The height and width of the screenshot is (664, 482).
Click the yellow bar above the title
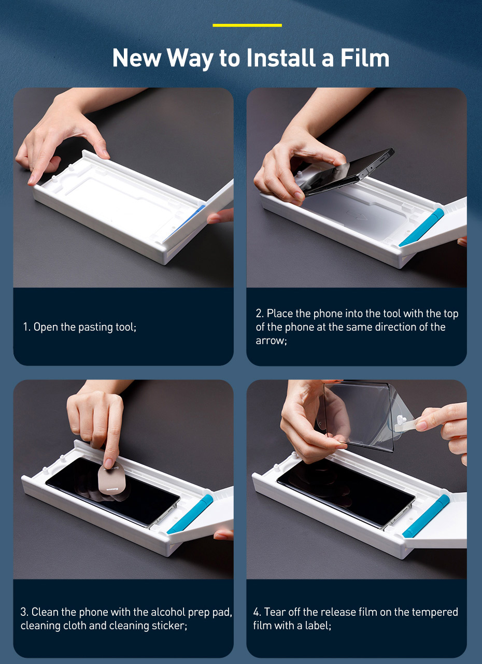pos(247,25)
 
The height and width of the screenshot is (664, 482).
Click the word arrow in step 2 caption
pos(271,341)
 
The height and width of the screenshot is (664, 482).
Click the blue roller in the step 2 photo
pos(421,228)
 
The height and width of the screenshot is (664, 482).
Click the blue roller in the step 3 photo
pos(190,514)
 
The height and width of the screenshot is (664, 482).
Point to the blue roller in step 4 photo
pos(426,516)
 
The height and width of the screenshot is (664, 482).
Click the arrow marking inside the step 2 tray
pos(357,215)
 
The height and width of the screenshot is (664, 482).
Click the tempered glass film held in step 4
pos(360,416)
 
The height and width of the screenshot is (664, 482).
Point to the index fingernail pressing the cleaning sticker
pos(109,463)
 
